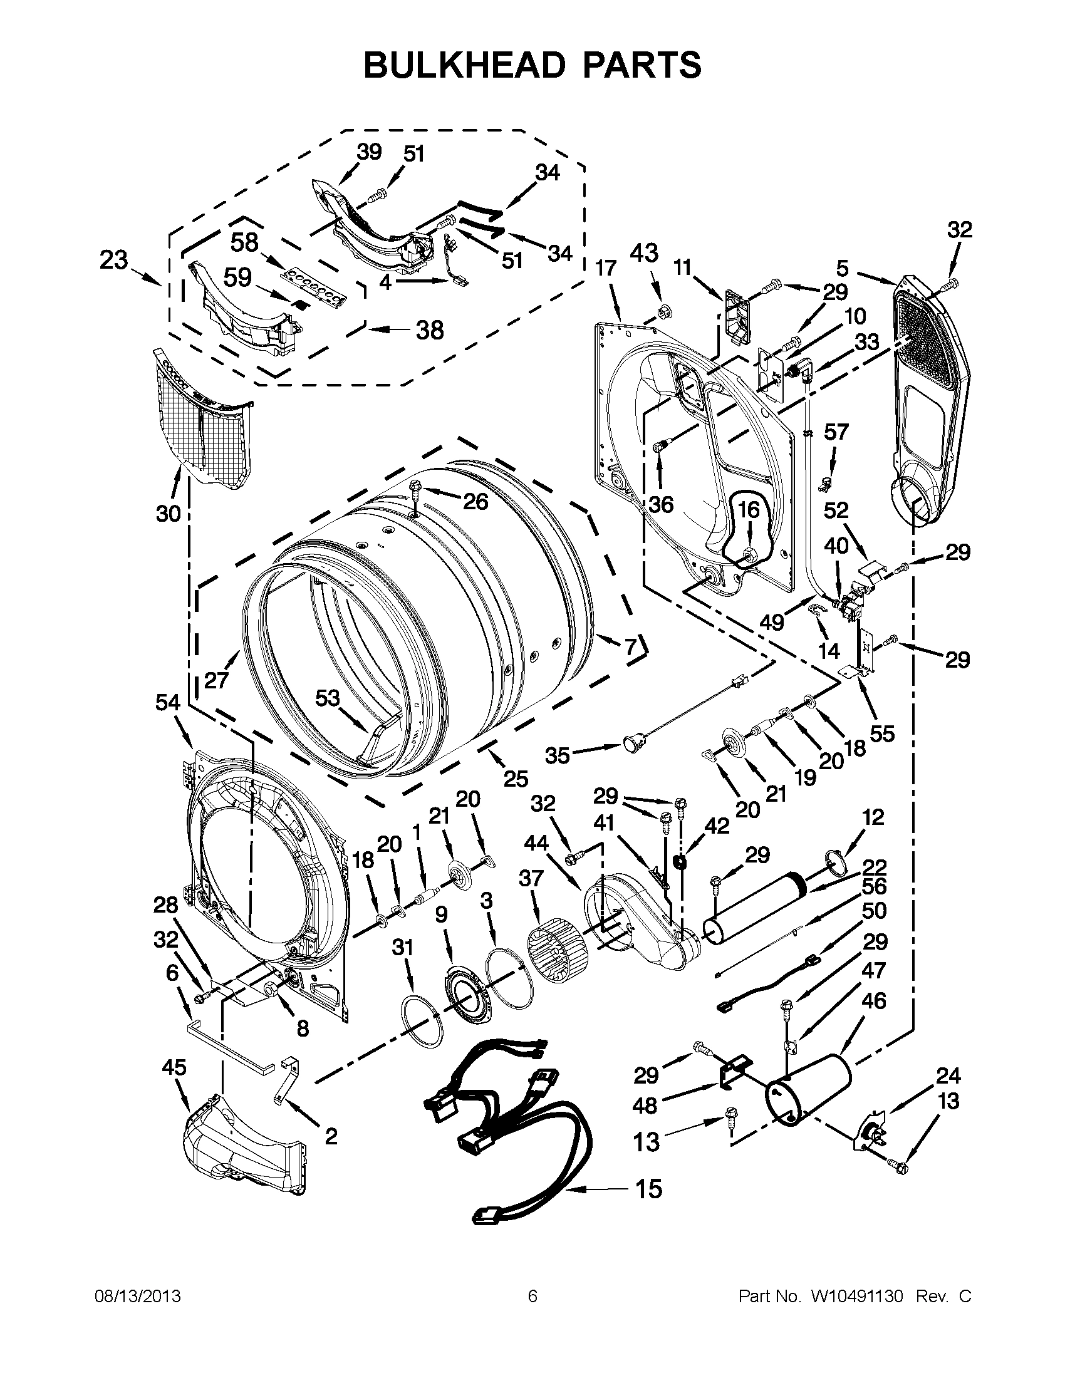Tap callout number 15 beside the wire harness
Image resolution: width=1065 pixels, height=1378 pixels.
(x=648, y=1189)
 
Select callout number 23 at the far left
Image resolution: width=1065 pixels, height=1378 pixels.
(x=113, y=260)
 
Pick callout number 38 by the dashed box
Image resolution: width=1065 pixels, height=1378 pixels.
(x=430, y=329)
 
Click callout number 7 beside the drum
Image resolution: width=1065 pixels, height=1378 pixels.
(x=630, y=647)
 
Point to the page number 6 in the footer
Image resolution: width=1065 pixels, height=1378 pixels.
(x=532, y=1296)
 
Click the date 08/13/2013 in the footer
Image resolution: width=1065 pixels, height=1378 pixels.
(x=138, y=1296)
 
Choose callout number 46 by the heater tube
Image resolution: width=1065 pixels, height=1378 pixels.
(x=873, y=1000)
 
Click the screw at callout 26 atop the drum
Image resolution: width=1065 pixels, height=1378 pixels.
(x=416, y=487)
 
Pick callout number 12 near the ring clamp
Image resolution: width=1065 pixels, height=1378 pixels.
(x=873, y=817)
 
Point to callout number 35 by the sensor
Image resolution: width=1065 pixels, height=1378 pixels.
(x=558, y=755)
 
